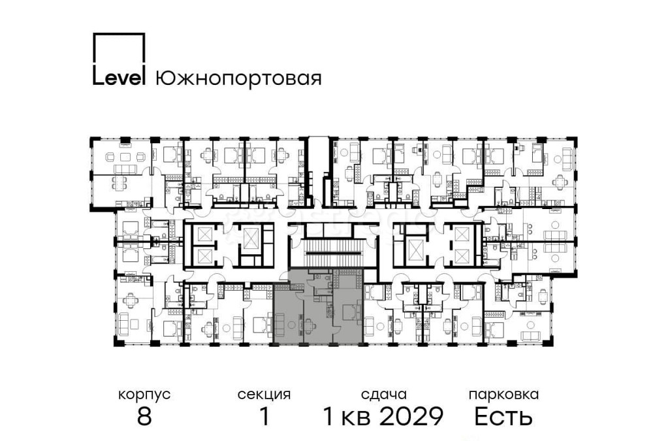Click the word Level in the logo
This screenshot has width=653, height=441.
pyautogui.click(x=118, y=78)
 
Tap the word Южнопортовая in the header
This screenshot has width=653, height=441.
pyautogui.click(x=238, y=79)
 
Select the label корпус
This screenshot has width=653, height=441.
pyautogui.click(x=144, y=395)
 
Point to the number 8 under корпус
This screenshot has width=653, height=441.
pyautogui.click(x=144, y=416)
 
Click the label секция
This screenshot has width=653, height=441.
pyautogui.click(x=264, y=395)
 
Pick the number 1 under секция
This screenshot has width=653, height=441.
pyautogui.click(x=264, y=416)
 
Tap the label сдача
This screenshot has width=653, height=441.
pyautogui.click(x=383, y=395)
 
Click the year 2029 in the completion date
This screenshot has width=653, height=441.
pyautogui.click(x=411, y=416)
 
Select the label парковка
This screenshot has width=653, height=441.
pyautogui.click(x=503, y=395)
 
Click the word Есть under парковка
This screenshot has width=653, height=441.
pyautogui.click(x=503, y=416)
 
